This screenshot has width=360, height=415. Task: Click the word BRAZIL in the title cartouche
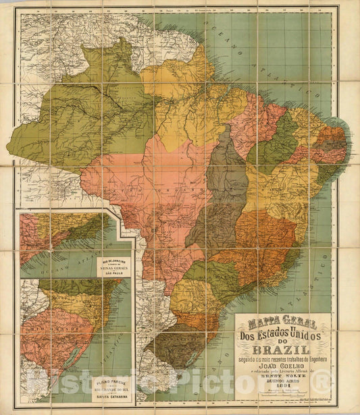tap(282, 350)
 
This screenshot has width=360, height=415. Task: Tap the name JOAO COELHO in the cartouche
tap(282, 370)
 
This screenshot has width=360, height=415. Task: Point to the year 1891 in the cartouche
tap(282, 394)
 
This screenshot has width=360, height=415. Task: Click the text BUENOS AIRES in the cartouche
tap(282, 387)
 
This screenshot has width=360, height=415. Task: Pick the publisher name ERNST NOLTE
tap(282, 382)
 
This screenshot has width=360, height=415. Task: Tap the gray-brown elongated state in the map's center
tap(220, 196)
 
